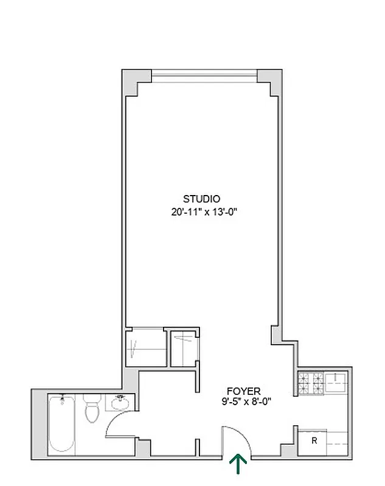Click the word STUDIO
point(201,199)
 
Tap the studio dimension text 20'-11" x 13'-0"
point(203,212)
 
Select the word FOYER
point(244,391)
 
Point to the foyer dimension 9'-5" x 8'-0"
point(246,401)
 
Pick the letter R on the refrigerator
point(314,441)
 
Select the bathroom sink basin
point(119,402)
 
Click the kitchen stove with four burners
point(311,383)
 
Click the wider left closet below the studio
point(146,348)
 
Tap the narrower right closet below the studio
point(182,348)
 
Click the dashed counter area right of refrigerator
point(338,441)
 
